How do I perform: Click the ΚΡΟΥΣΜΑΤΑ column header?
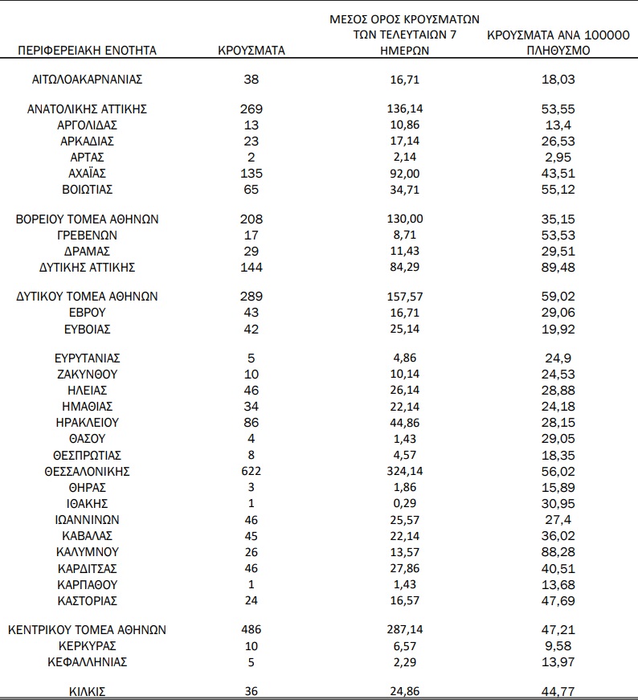coord(251,51)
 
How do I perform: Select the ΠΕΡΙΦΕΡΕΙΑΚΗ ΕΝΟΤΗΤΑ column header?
coord(88,51)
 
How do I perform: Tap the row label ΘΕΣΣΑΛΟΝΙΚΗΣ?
coord(88,471)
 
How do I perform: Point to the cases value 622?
coord(251,471)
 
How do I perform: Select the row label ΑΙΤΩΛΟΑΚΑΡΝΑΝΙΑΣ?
coord(88,80)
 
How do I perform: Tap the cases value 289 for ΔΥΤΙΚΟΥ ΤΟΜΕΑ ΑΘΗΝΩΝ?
coord(251,297)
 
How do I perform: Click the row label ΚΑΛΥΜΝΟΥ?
coord(88,552)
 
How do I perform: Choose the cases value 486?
coord(251,629)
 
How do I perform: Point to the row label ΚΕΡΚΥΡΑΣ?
coord(88,646)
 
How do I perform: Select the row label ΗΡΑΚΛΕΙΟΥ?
coord(88,422)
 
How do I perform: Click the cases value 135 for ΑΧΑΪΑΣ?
coord(251,173)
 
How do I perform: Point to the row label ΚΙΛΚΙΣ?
coord(88,690)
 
